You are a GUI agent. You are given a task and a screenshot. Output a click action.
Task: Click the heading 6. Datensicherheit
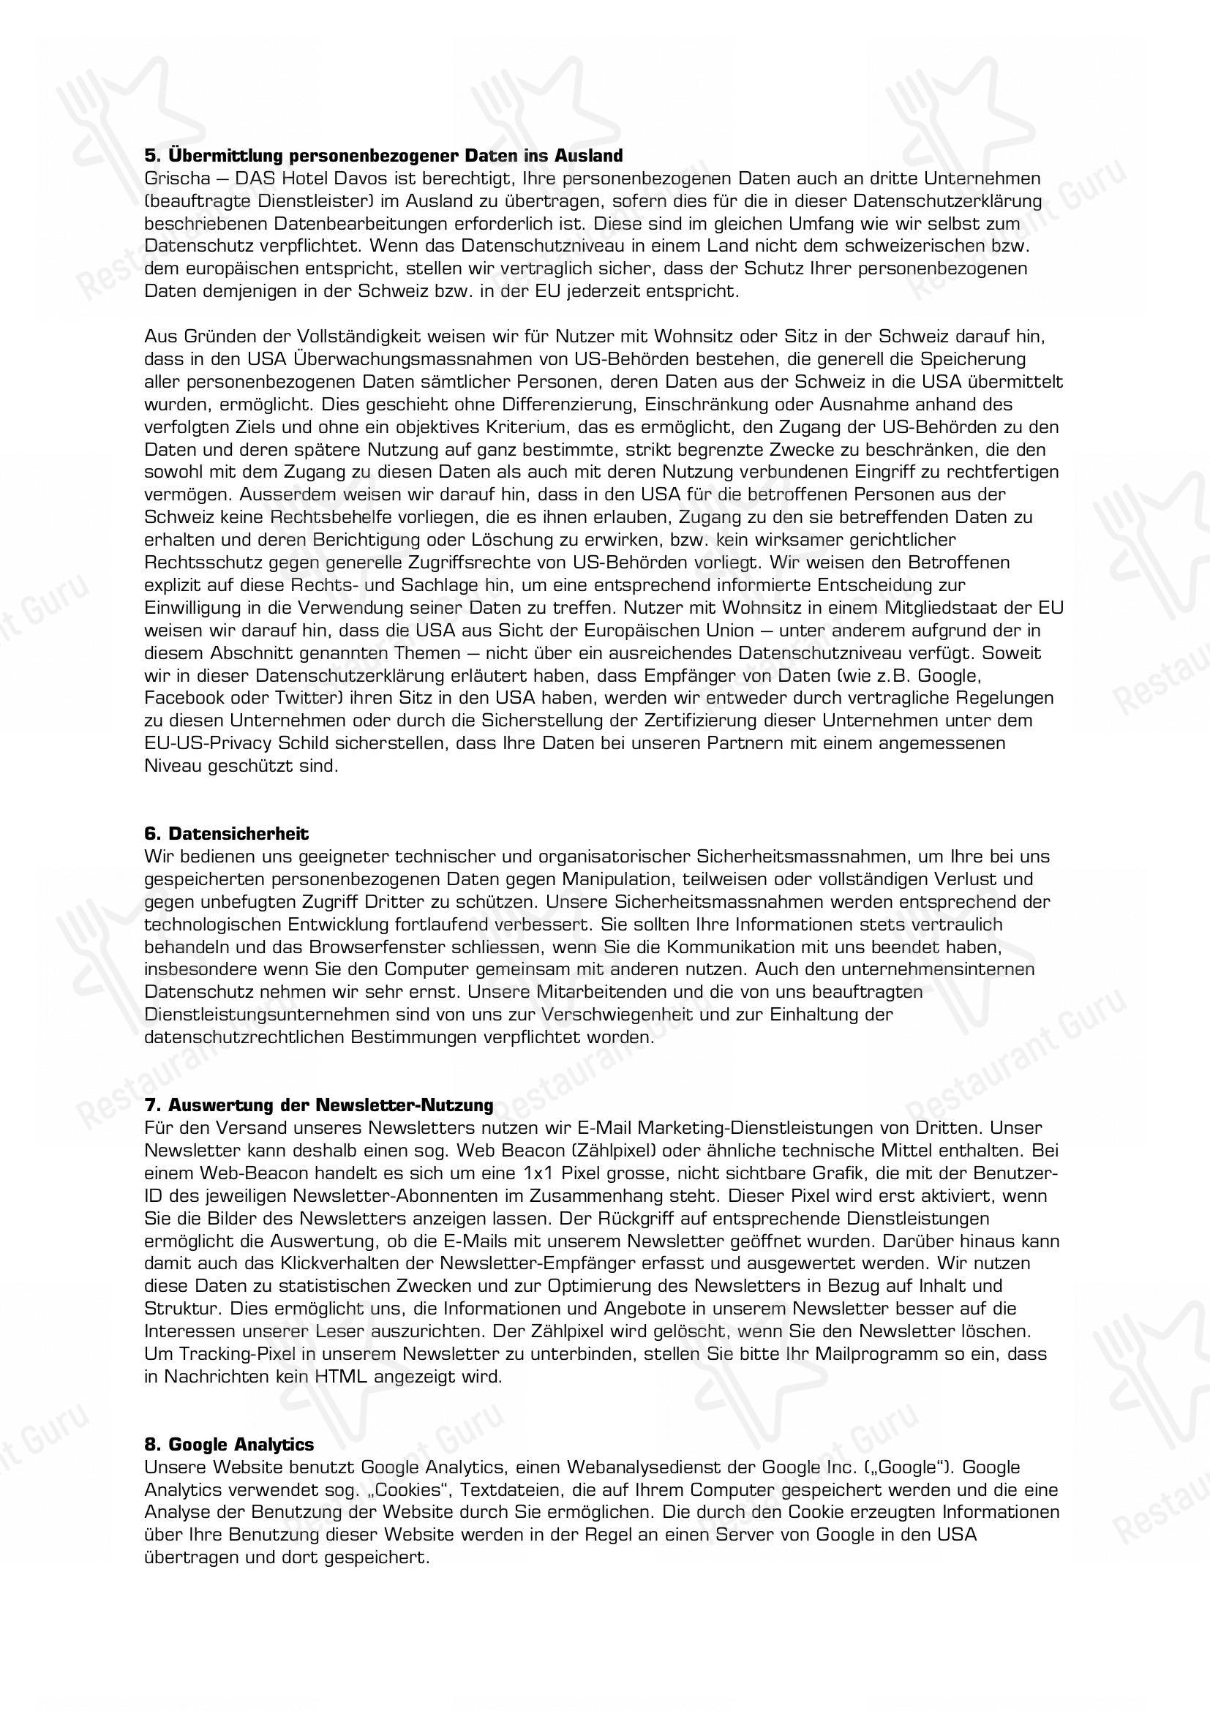click(227, 833)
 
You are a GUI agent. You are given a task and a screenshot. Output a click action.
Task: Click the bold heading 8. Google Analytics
click(229, 1444)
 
